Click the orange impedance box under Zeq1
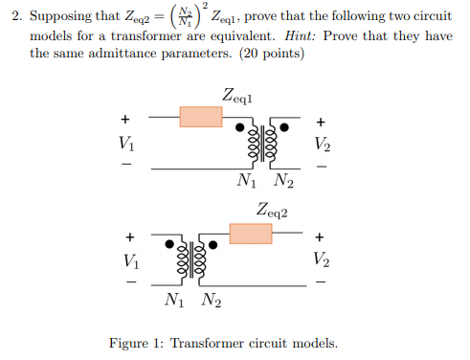point(201,117)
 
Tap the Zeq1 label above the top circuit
point(238,95)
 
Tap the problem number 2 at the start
point(11,16)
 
